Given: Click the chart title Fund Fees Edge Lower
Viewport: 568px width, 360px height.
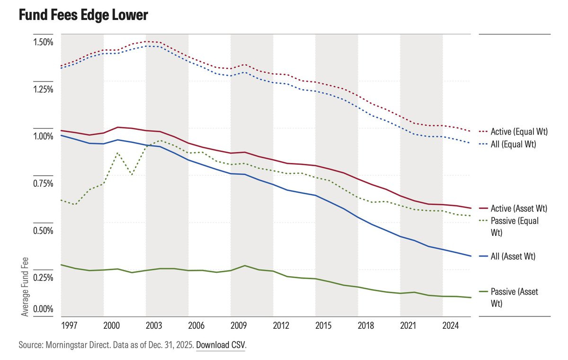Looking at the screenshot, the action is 83,15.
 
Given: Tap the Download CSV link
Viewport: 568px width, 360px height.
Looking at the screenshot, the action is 221,345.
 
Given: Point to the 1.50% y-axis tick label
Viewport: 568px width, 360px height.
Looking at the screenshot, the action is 43,42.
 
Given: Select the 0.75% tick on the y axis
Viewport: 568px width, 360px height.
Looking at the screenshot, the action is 43,183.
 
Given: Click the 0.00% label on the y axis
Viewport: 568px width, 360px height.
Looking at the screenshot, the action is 43,309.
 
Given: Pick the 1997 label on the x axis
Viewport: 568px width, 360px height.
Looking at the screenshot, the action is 69,325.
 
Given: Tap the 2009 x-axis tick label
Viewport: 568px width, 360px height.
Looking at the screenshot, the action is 239,325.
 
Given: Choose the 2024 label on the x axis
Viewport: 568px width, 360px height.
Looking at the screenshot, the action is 451,325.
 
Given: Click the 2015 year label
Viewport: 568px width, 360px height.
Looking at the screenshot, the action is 323,325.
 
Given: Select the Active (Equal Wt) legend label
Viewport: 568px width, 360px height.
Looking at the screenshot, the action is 519,132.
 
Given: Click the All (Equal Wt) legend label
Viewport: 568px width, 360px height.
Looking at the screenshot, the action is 514,144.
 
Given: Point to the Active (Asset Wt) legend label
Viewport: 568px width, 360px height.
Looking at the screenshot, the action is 519,208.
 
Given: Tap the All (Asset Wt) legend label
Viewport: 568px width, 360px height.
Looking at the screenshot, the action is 513,256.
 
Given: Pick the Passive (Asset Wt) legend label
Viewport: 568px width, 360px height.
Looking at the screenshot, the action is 514,297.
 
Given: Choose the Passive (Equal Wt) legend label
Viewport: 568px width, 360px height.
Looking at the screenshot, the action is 515,227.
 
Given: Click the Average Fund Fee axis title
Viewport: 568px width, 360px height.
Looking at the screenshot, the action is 25,287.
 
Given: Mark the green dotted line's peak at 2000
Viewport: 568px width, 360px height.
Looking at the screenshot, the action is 117,153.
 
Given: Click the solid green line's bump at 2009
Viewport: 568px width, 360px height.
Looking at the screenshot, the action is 244,266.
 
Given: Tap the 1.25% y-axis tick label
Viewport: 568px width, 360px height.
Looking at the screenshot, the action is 43,90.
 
